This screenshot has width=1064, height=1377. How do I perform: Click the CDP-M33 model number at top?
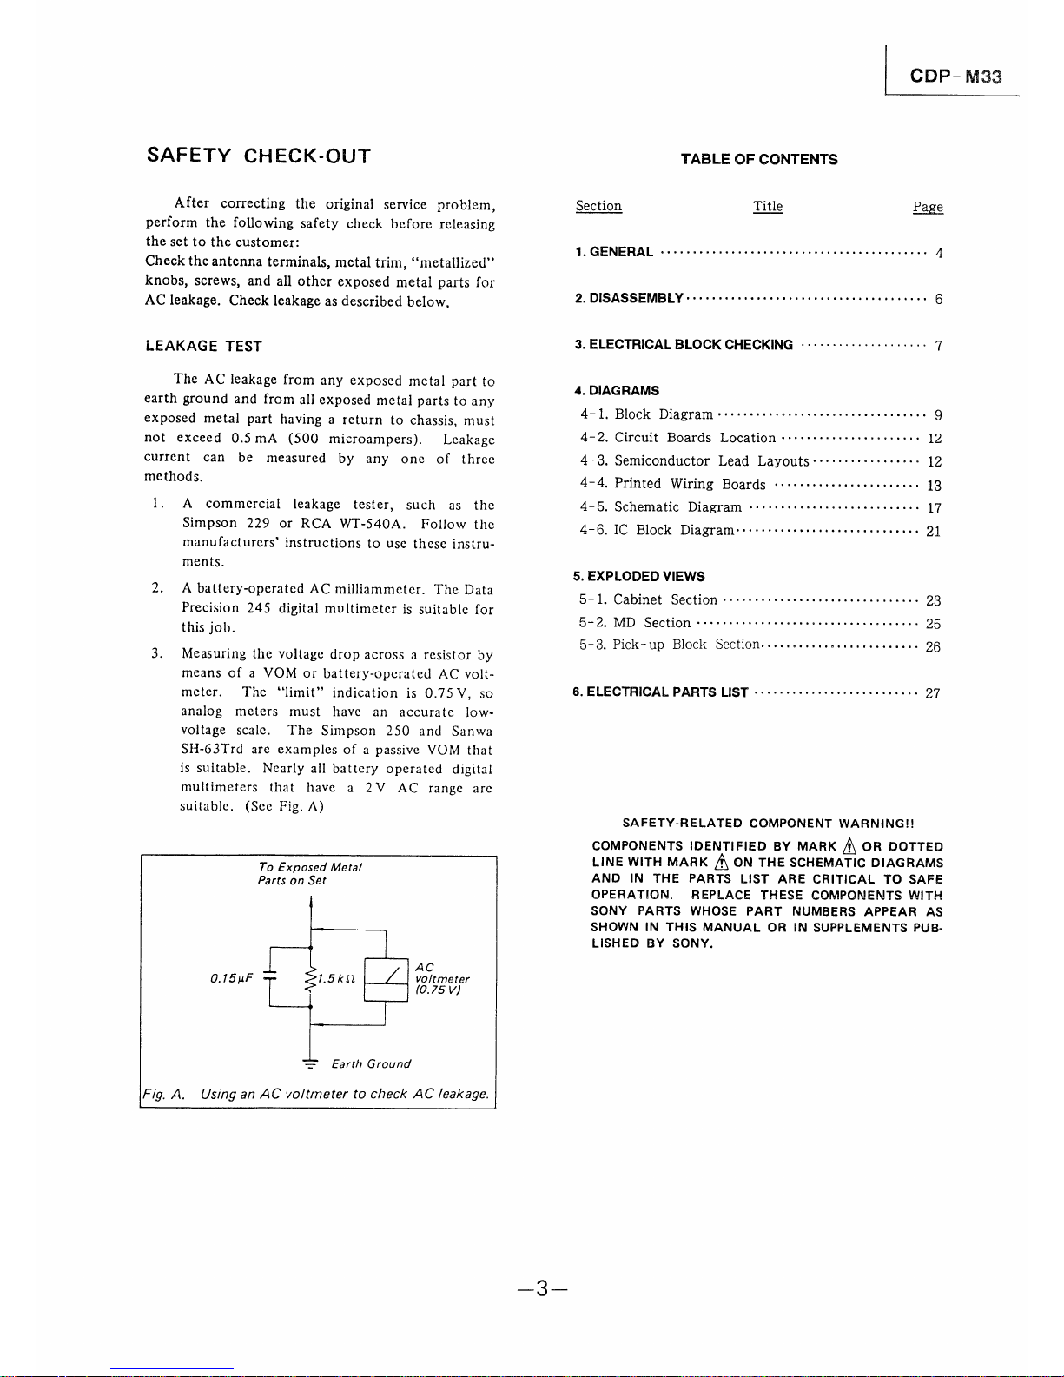click(955, 76)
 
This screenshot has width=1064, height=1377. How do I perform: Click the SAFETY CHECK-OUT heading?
click(259, 156)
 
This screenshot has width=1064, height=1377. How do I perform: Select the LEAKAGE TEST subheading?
click(203, 346)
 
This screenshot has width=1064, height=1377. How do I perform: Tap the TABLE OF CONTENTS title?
click(759, 159)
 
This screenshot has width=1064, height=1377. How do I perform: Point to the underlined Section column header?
click(598, 206)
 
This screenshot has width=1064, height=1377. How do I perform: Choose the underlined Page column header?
click(928, 207)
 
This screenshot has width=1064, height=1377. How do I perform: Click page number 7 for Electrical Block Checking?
click(938, 346)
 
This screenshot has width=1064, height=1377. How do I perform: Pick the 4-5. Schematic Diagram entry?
click(661, 507)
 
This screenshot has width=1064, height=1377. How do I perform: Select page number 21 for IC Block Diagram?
click(933, 532)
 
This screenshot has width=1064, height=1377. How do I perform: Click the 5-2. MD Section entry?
click(635, 623)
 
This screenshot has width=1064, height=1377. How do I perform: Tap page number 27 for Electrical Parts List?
click(932, 693)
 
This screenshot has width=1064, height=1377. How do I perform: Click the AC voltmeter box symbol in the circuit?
click(386, 979)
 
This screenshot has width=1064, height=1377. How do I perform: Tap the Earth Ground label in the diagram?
click(371, 1063)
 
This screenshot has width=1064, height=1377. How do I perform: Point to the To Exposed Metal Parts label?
click(309, 873)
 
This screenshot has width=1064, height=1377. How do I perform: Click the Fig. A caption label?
click(163, 1094)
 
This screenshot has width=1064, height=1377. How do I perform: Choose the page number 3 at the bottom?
click(540, 1288)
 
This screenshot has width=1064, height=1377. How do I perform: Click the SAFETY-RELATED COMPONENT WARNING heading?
click(768, 823)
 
